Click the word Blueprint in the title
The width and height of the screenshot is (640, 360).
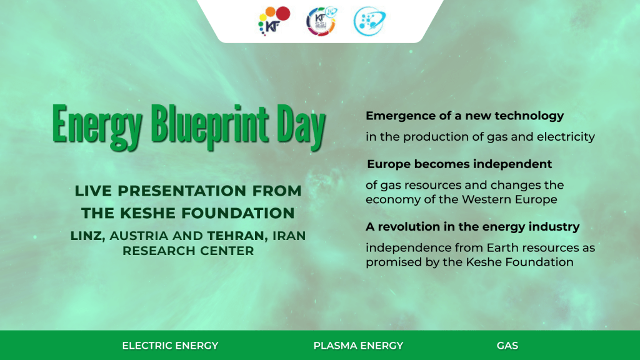tap(210, 125)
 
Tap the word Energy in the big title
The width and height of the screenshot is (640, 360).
tap(97, 125)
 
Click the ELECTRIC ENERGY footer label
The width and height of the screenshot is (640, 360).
tap(170, 346)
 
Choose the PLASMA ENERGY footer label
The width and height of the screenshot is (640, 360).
tap(358, 346)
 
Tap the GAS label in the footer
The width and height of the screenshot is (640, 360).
tap(507, 346)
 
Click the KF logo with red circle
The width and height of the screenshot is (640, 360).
tap(274, 21)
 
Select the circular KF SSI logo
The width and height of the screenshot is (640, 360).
tap(322, 21)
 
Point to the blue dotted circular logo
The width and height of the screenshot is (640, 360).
tap(369, 21)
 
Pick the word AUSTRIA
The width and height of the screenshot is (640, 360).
tap(139, 236)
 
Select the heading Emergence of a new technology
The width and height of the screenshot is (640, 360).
tap(464, 116)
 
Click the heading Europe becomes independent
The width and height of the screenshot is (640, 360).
tap(459, 164)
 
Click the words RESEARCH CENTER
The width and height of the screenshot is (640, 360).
tap(188, 251)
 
